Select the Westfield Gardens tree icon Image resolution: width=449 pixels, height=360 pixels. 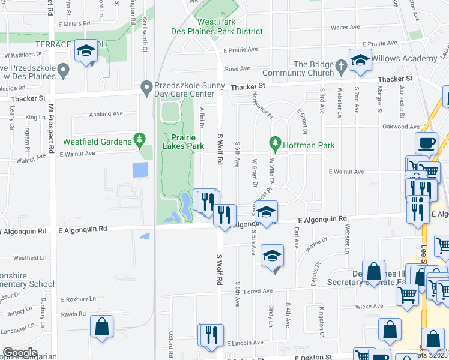point(140,141)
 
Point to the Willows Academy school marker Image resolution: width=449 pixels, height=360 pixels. point(360,61)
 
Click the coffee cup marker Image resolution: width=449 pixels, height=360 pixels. point(426,143)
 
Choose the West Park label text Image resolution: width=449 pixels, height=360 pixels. point(215,22)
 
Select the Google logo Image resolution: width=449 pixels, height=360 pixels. point(20,353)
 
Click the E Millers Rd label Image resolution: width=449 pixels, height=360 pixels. point(75,23)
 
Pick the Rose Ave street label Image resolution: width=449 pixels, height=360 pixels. point(237,69)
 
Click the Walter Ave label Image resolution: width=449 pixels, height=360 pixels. point(345,27)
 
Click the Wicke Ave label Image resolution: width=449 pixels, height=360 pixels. point(369,306)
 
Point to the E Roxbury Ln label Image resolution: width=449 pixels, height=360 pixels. point(78,299)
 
